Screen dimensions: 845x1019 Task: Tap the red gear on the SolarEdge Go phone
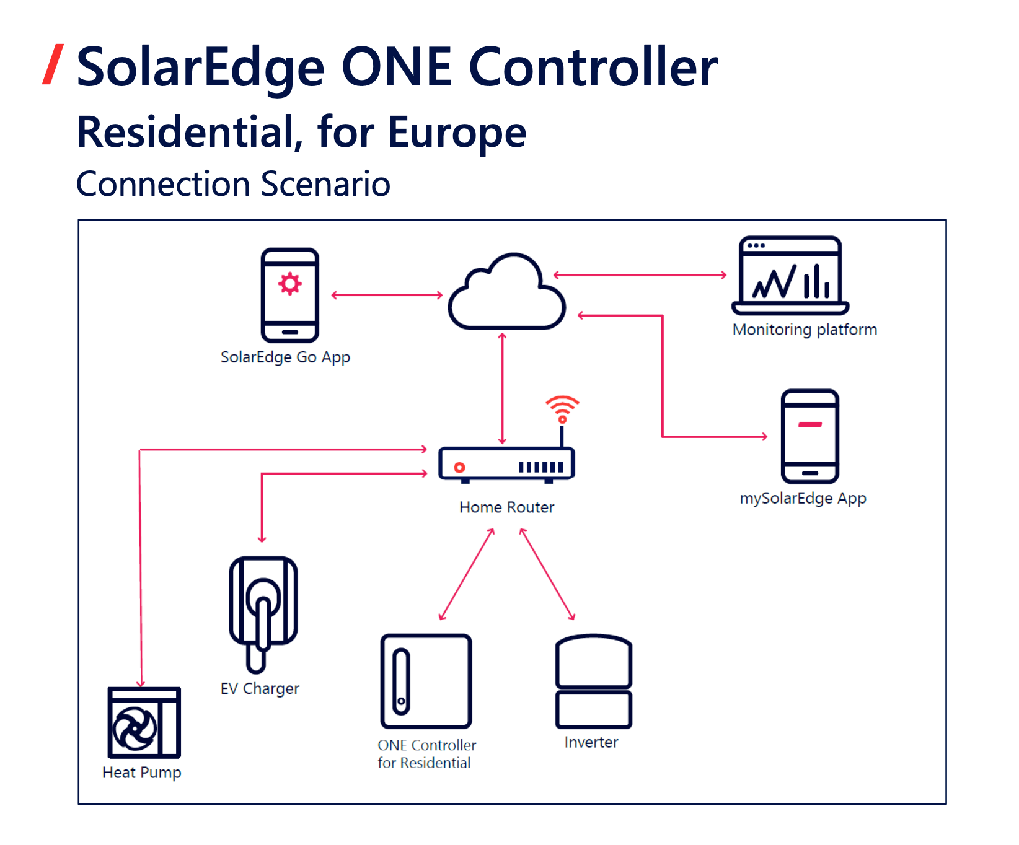pyautogui.click(x=289, y=283)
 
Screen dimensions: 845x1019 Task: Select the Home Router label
pyautogui.click(x=506, y=507)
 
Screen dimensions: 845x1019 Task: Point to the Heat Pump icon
pyautogui.click(x=144, y=722)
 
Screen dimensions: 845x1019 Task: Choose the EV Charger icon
pyautogui.click(x=263, y=613)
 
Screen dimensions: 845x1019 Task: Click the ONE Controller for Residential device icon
pyautogui.click(x=426, y=681)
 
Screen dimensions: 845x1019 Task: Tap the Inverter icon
pyautogui.click(x=593, y=681)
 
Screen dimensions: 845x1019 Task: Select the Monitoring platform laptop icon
pyautogui.click(x=790, y=276)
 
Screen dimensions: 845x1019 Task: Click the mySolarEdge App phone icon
pyautogui.click(x=809, y=436)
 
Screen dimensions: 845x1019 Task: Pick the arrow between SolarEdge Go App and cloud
pyautogui.click(x=387, y=296)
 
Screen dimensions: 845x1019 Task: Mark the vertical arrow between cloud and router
pyautogui.click(x=503, y=388)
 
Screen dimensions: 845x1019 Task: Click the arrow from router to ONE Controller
pyautogui.click(x=467, y=574)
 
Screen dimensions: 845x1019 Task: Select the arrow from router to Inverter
pyautogui.click(x=547, y=574)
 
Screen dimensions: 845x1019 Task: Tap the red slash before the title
pyautogui.click(x=53, y=64)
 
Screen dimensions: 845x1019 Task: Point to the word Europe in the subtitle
pyautogui.click(x=457, y=133)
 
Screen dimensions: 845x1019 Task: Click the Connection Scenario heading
pyautogui.click(x=233, y=184)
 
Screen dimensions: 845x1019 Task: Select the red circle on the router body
pyautogui.click(x=459, y=467)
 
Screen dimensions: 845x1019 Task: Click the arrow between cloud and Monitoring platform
pyautogui.click(x=640, y=275)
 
